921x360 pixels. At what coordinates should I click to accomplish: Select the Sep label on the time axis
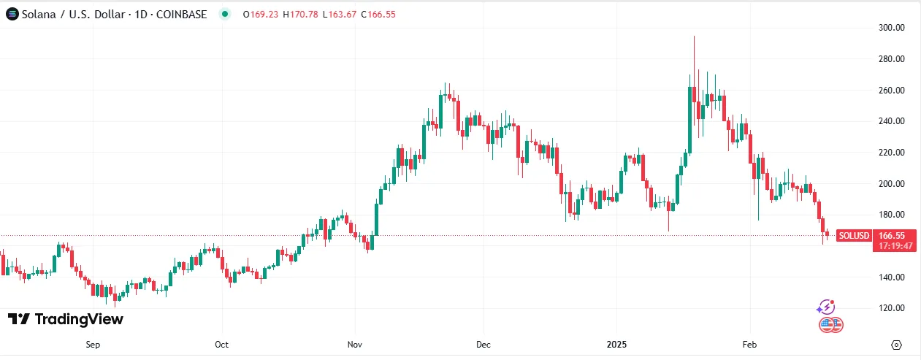92,344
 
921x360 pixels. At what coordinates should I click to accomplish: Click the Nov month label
355,344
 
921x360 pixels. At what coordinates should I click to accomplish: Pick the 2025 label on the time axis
616,344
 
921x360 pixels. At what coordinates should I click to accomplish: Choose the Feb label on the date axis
749,344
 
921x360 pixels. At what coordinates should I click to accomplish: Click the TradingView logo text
79,319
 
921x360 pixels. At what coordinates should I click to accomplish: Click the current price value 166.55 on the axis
893,236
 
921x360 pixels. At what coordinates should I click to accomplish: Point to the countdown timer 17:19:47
895,246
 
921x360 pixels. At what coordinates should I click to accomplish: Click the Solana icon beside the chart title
12,14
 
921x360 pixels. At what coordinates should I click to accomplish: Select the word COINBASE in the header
181,14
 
